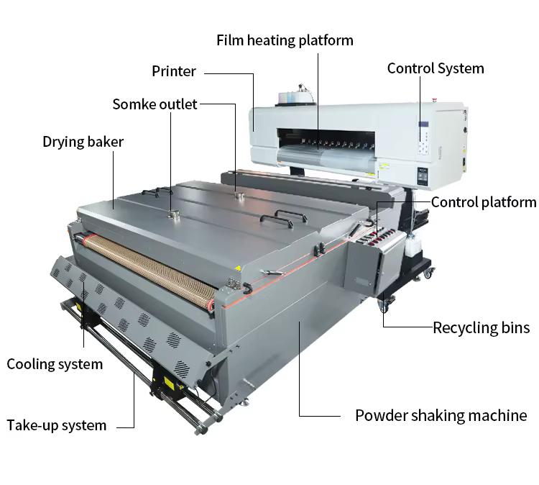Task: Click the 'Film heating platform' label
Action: (x=285, y=40)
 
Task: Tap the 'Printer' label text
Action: (x=174, y=71)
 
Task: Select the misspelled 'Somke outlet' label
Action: (x=155, y=104)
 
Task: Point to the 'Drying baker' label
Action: (x=83, y=142)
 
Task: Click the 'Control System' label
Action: (x=436, y=68)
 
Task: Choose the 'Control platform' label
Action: (x=484, y=202)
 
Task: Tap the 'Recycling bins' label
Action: (x=482, y=327)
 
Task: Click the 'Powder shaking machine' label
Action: (x=441, y=415)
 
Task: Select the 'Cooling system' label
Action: (x=55, y=364)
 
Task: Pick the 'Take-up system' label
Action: (x=57, y=425)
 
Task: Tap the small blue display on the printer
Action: (x=423, y=124)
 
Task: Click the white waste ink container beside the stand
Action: (x=413, y=243)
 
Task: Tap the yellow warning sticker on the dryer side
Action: (x=237, y=268)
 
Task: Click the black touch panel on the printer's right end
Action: (x=423, y=176)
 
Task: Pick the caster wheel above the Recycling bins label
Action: (x=384, y=304)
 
